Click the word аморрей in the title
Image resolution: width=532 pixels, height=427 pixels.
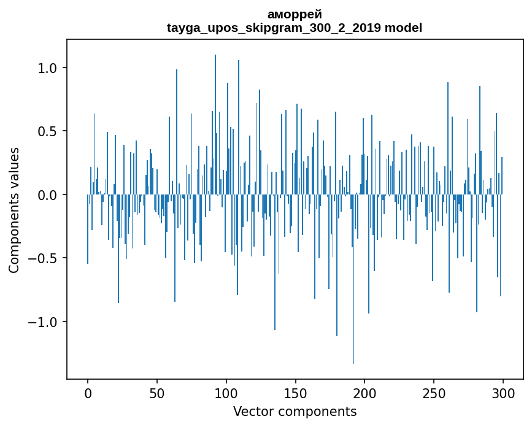click(x=295, y=14)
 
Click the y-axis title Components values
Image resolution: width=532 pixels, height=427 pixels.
click(x=13, y=210)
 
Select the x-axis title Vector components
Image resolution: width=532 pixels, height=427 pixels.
click(x=295, y=411)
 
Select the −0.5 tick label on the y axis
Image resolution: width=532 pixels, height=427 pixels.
click(x=44, y=258)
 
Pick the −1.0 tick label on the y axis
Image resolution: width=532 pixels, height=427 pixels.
click(x=44, y=322)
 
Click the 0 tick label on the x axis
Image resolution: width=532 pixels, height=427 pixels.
click(x=88, y=393)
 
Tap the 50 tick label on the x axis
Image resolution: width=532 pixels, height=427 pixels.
click(x=157, y=393)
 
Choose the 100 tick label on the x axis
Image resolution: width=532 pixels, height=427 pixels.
click(x=226, y=393)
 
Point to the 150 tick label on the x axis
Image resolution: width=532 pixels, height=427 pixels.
click(x=296, y=393)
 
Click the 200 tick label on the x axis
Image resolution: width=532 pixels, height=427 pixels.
click(x=365, y=393)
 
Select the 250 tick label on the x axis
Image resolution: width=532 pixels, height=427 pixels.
click(x=434, y=393)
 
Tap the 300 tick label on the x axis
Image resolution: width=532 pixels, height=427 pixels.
click(x=503, y=393)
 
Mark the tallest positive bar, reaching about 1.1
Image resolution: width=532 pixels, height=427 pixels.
click(x=215, y=123)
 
